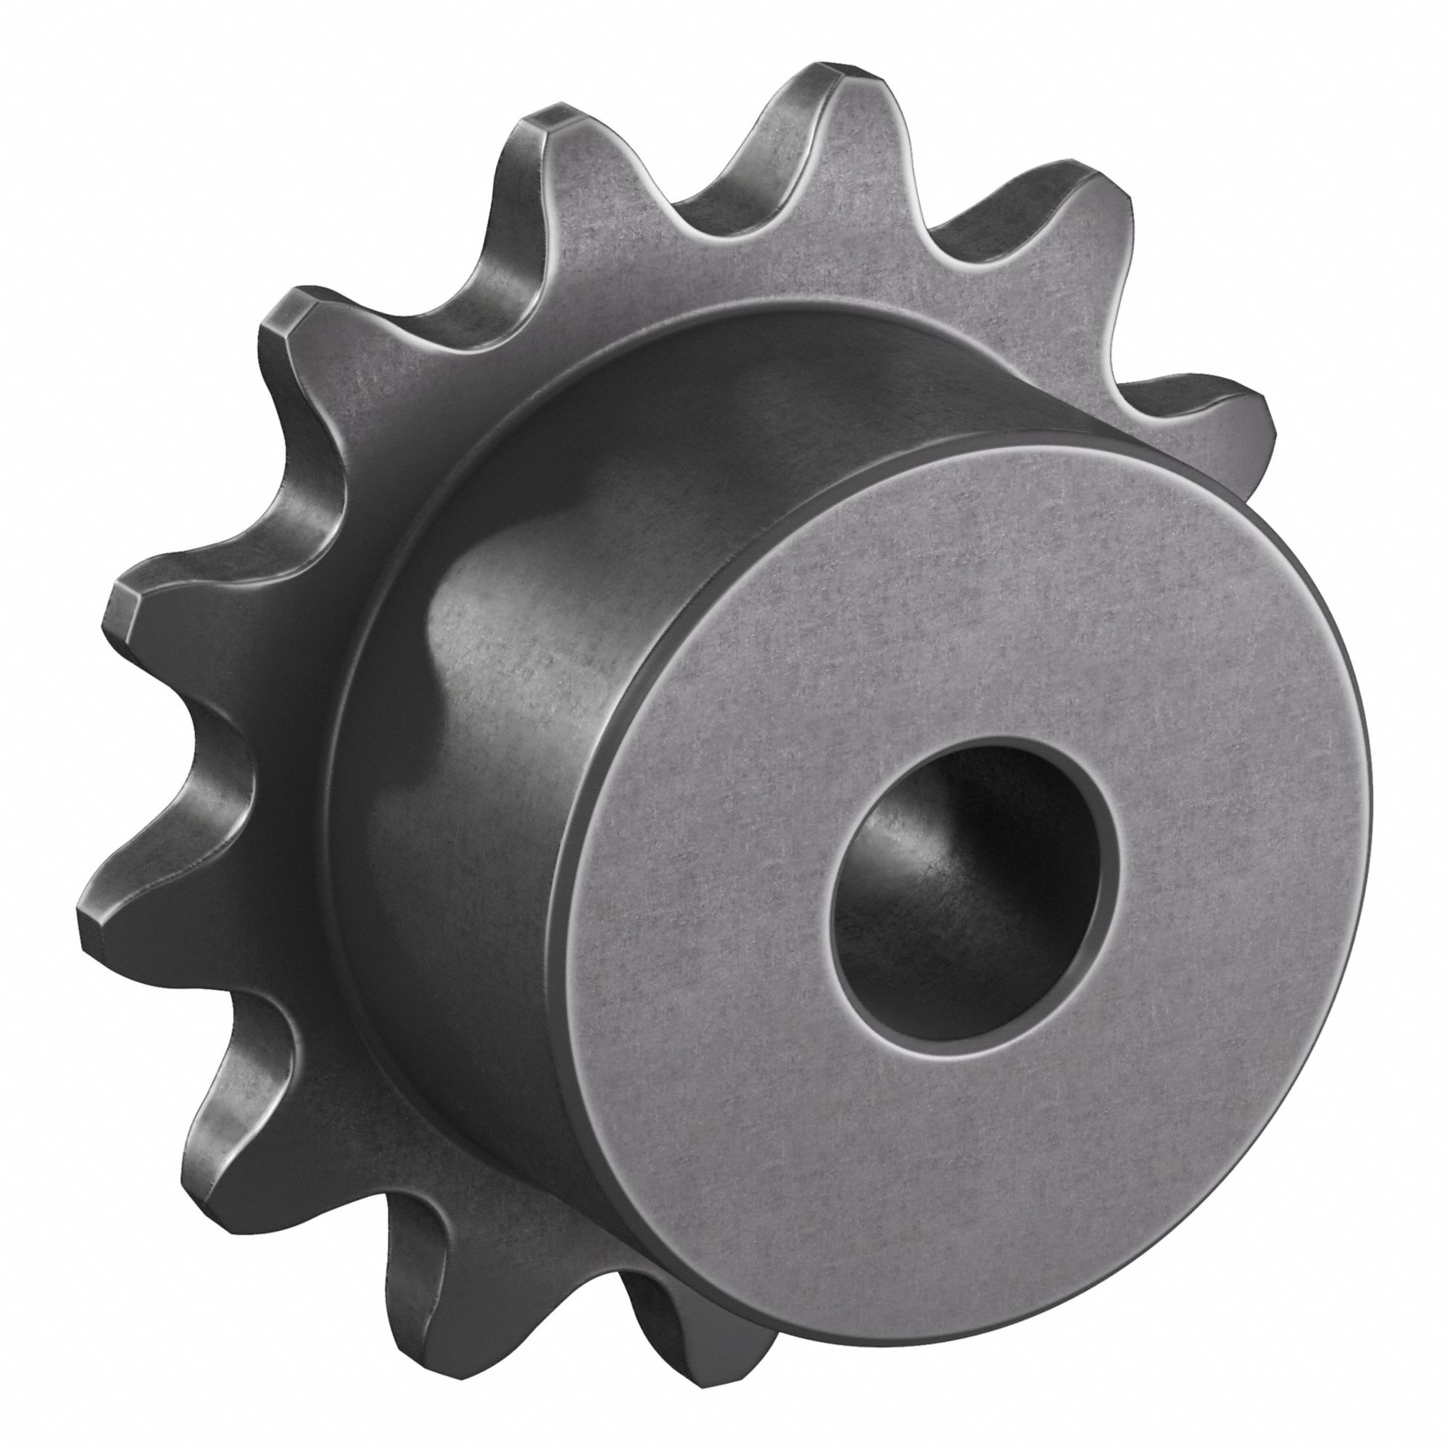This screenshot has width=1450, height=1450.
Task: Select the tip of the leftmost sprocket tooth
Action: coord(98,923)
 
